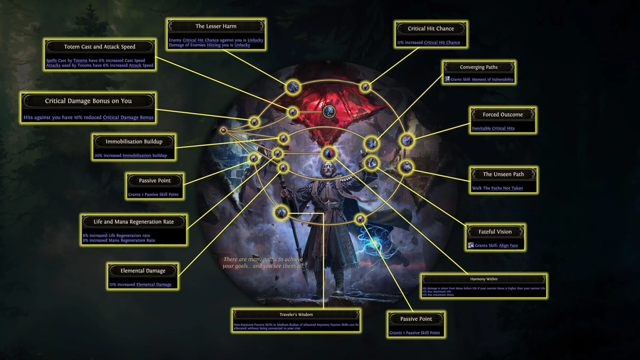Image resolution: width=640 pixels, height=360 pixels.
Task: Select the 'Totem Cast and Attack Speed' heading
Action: click(x=100, y=47)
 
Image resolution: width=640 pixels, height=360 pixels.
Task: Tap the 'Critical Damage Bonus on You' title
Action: click(x=88, y=101)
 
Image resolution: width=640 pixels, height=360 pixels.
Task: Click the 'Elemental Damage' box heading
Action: click(x=143, y=271)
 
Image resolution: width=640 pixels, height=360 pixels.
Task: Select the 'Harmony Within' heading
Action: click(x=484, y=280)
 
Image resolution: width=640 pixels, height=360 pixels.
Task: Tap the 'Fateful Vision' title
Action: click(x=496, y=231)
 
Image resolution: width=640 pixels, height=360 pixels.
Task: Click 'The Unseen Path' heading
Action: click(x=502, y=174)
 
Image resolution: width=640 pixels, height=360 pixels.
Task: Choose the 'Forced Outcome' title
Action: click(x=502, y=115)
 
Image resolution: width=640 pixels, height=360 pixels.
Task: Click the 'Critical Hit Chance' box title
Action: click(x=431, y=28)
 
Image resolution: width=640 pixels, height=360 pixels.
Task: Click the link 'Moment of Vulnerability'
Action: click(x=491, y=80)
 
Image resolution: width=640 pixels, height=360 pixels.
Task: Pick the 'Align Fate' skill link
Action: click(x=509, y=245)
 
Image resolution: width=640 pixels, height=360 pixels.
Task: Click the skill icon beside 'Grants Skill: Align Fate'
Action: click(x=471, y=245)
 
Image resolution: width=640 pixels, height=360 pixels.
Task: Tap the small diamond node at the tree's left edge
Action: click(x=223, y=130)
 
